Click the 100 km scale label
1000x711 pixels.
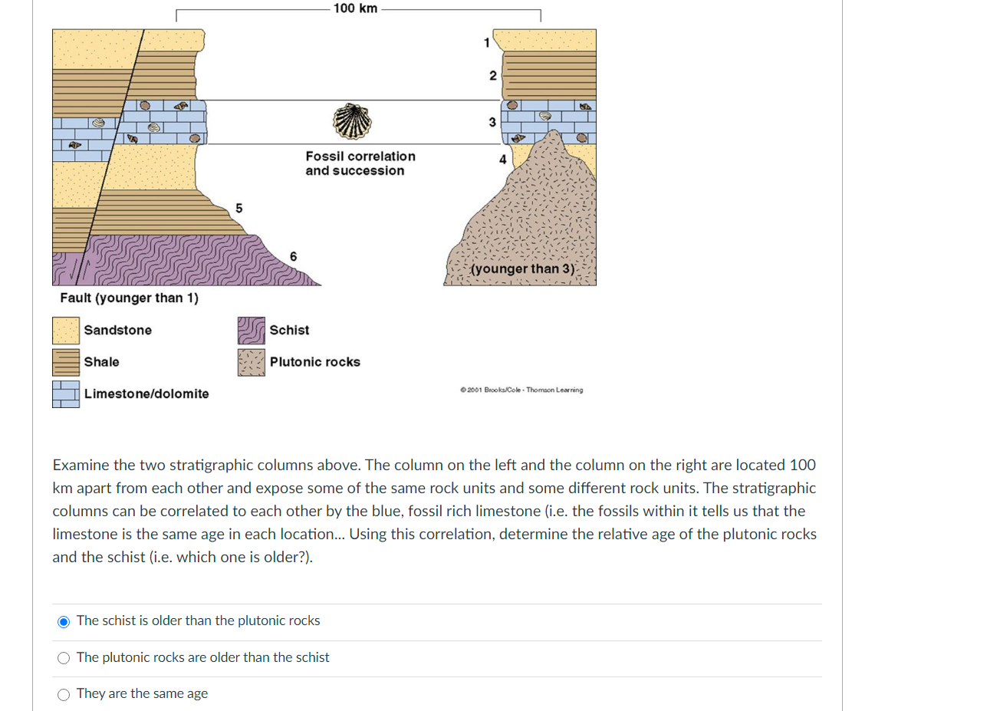pos(355,8)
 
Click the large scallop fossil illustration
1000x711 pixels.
pos(352,121)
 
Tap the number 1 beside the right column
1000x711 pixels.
pos(486,43)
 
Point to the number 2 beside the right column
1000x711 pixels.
pos(493,75)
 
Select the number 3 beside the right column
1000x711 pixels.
pos(492,122)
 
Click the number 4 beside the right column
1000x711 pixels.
pos(502,160)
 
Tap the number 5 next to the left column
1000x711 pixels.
pos(238,208)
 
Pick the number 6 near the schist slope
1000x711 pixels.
pos(293,256)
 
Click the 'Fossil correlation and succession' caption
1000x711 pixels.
pos(360,163)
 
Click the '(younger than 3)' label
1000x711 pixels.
pos(523,268)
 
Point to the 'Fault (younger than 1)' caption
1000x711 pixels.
pos(129,298)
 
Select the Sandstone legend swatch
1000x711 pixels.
pos(66,331)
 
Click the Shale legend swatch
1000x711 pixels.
pos(66,362)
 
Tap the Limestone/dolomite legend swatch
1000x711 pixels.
pos(66,393)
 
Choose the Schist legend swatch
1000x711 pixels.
pos(251,331)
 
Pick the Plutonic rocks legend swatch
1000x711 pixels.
pos(251,362)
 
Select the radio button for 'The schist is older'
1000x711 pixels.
pos(64,621)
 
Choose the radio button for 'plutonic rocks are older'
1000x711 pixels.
pos(64,658)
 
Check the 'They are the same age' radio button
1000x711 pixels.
pos(64,695)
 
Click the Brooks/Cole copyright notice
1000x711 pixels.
pos(521,390)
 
